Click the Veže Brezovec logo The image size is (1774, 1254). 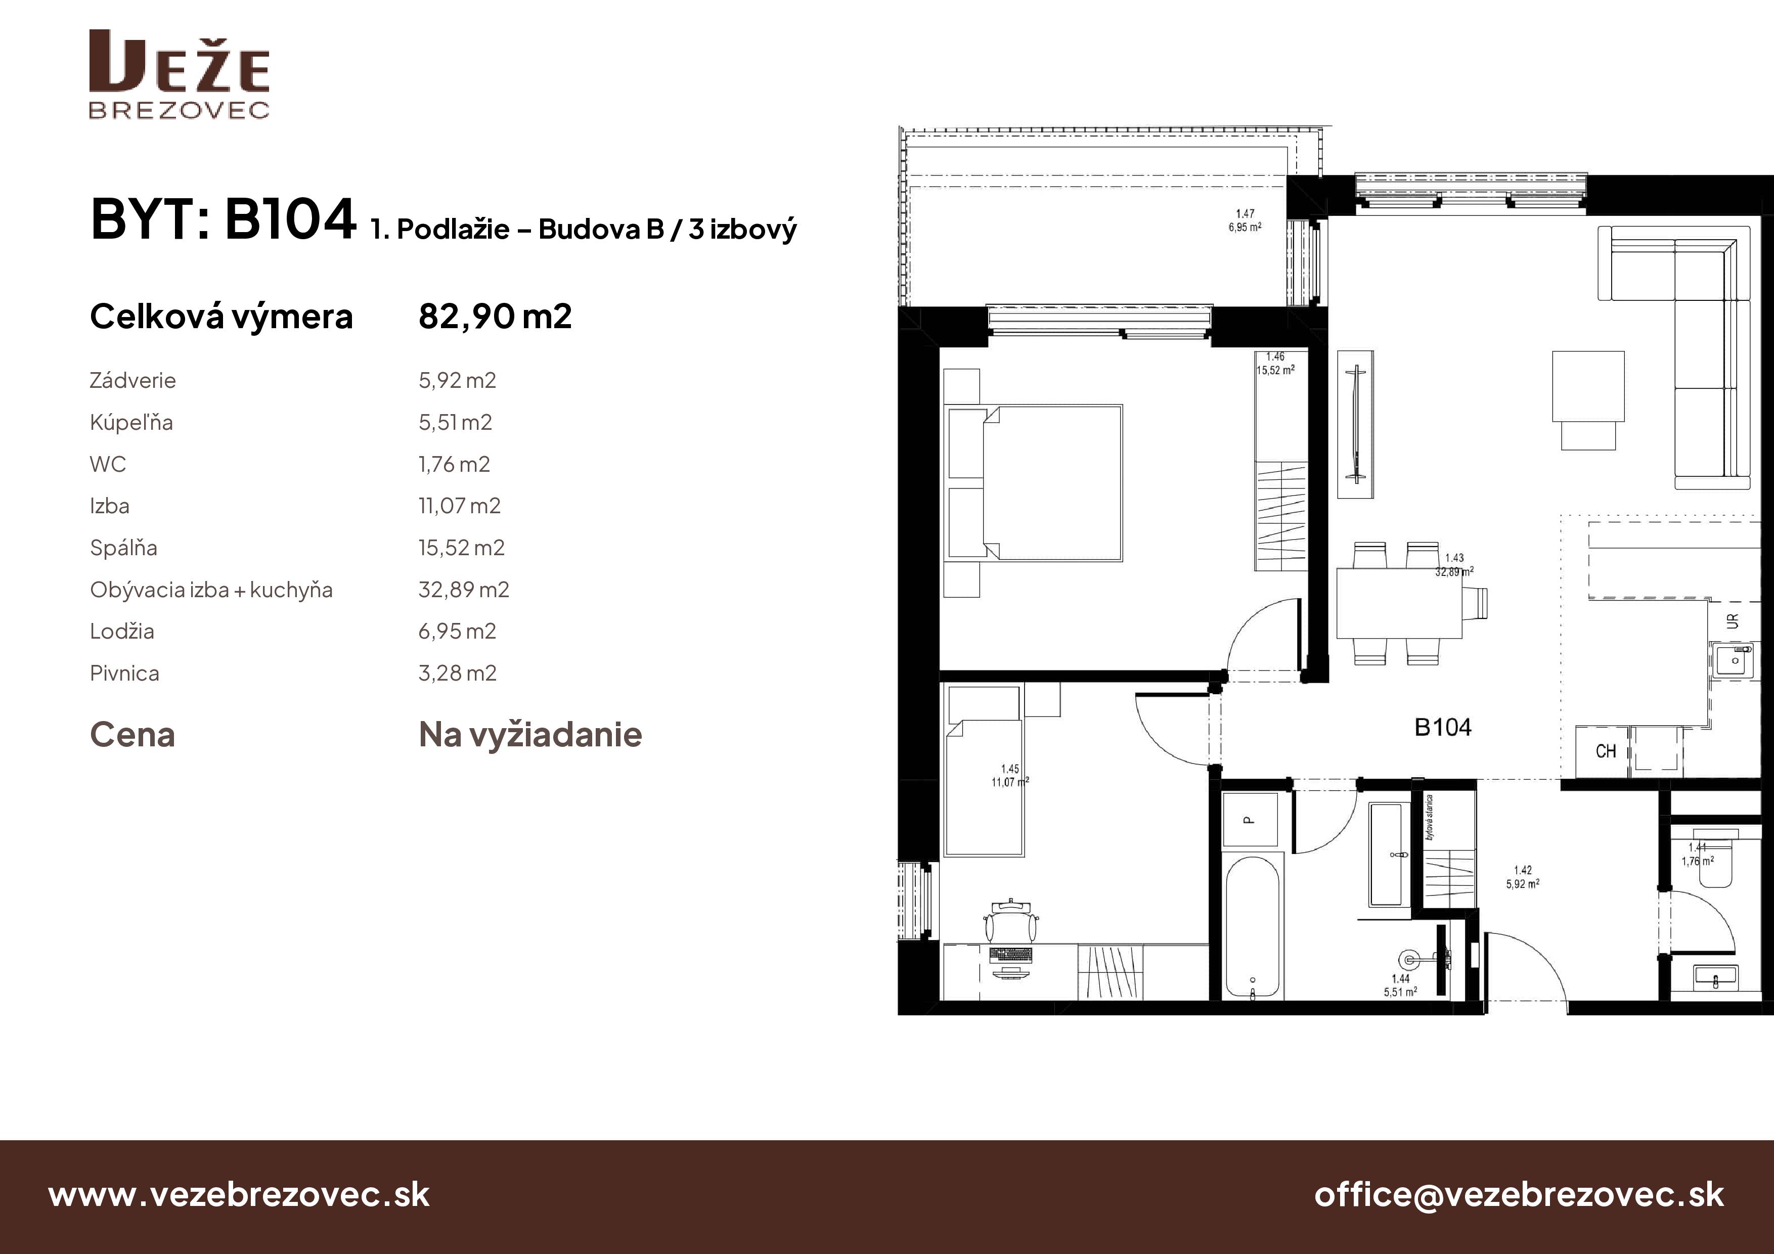coord(179,74)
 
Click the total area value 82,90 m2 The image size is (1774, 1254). coord(495,316)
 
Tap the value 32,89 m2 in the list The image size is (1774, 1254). coord(464,590)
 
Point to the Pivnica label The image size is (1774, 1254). coord(124,673)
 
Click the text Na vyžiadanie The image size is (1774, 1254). coord(530,735)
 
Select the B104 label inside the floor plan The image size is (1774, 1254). coord(1443,727)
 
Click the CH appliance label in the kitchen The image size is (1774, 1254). coord(1606,751)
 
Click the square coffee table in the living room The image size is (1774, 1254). coord(1588,386)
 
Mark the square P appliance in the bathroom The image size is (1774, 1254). coord(1250,821)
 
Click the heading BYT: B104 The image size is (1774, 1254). coord(224,219)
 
